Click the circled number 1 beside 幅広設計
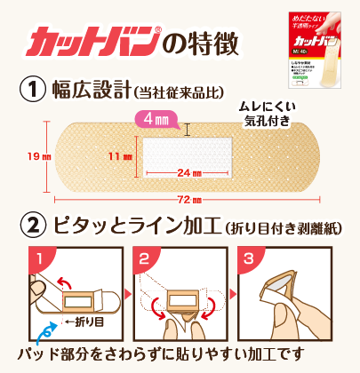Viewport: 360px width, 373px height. click(32, 89)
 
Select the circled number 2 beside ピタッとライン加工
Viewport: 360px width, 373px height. click(32, 226)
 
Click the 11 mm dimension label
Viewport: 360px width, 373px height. click(120, 156)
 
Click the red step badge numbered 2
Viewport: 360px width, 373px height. click(143, 259)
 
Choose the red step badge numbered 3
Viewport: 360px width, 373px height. click(251, 259)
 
